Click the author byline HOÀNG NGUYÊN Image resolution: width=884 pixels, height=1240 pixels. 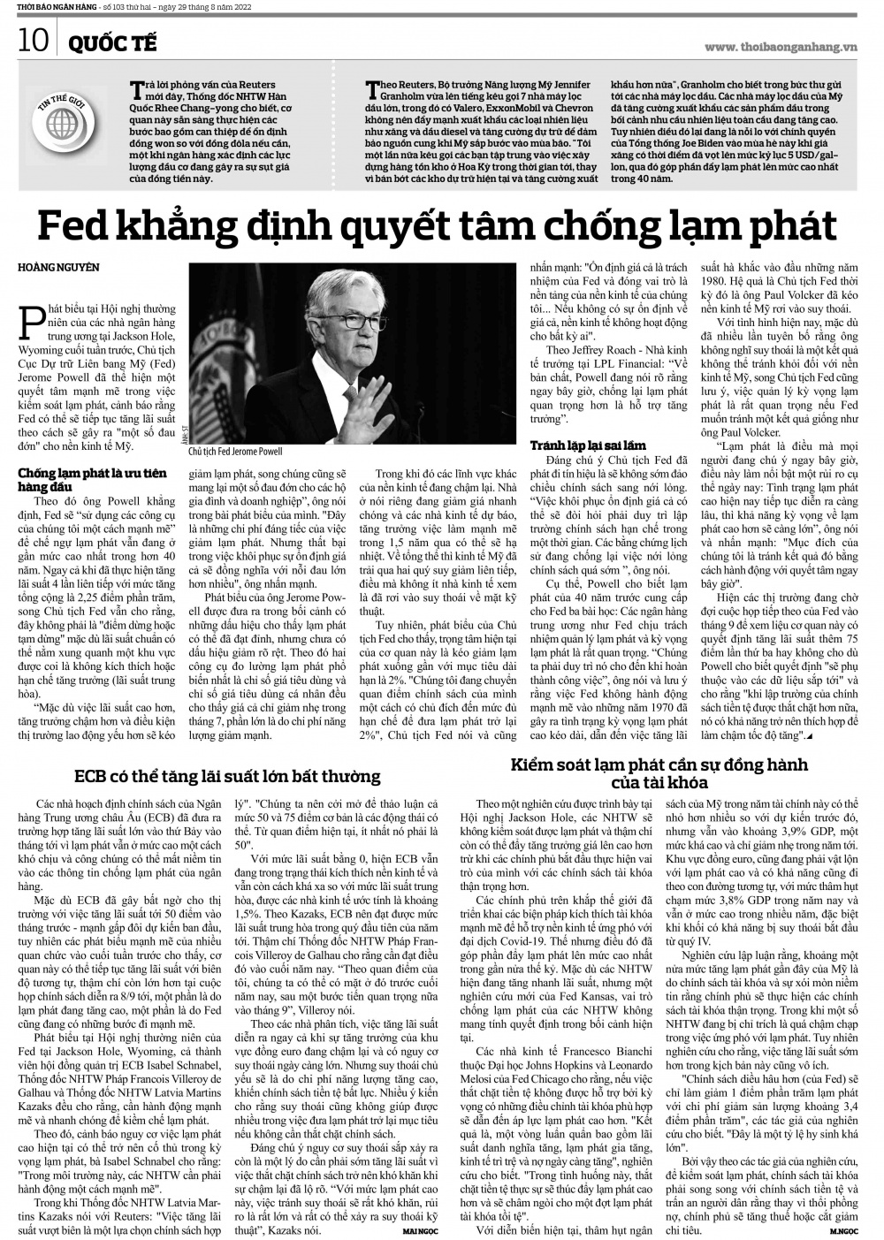pyautogui.click(x=58, y=267)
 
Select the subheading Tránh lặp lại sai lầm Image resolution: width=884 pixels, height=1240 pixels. pyautogui.click(x=588, y=445)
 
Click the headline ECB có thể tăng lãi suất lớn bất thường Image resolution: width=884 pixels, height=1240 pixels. pyautogui.click(x=227, y=777)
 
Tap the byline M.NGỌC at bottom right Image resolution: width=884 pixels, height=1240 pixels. pyautogui.click(x=845, y=1229)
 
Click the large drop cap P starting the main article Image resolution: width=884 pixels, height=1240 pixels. pyautogui.click(x=33, y=320)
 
